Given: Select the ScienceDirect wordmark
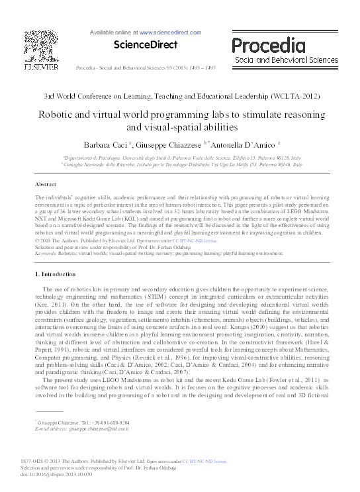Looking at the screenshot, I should (146, 45).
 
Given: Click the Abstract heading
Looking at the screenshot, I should (45, 183).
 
